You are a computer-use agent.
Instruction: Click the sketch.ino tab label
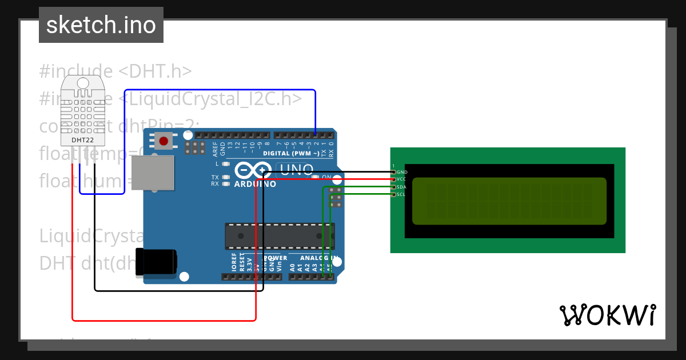point(101,25)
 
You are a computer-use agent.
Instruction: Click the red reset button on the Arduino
point(164,141)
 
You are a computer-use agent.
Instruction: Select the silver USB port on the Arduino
point(152,173)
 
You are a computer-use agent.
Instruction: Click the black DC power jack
point(155,263)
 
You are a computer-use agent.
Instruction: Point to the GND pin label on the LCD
point(402,172)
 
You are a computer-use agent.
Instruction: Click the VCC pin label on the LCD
point(401,179)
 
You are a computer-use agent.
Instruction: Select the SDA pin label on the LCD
point(401,187)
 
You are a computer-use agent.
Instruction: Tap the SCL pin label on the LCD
point(401,194)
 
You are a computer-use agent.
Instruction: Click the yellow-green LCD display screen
point(509,201)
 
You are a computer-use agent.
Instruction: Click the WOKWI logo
point(607,315)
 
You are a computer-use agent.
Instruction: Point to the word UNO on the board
point(296,170)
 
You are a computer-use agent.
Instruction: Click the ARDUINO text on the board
point(255,184)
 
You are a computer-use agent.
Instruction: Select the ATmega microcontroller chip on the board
point(279,235)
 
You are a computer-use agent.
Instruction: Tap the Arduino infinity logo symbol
point(253,170)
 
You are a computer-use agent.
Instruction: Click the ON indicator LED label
point(326,177)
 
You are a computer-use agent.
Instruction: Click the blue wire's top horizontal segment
point(220,90)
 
